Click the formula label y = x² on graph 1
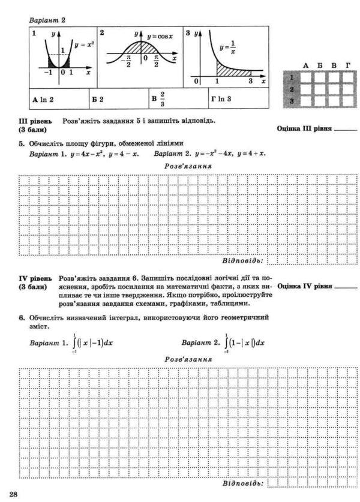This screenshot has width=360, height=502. (x=84, y=44)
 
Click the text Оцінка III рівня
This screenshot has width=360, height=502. (x=304, y=128)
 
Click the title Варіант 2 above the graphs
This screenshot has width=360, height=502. (x=47, y=20)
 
